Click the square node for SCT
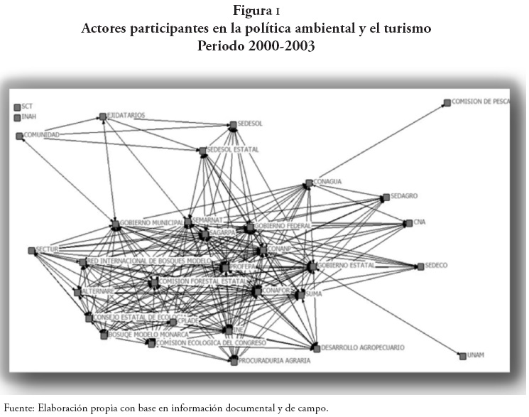(x=17, y=107)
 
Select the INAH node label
(x=29, y=117)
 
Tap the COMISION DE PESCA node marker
(x=447, y=102)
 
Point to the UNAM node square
(x=462, y=355)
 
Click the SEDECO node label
(x=437, y=266)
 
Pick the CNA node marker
(x=408, y=222)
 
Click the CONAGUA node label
(x=328, y=182)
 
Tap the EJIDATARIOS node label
(x=126, y=115)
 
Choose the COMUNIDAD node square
(x=20, y=135)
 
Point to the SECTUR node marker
(x=31, y=250)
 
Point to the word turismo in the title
(x=407, y=30)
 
